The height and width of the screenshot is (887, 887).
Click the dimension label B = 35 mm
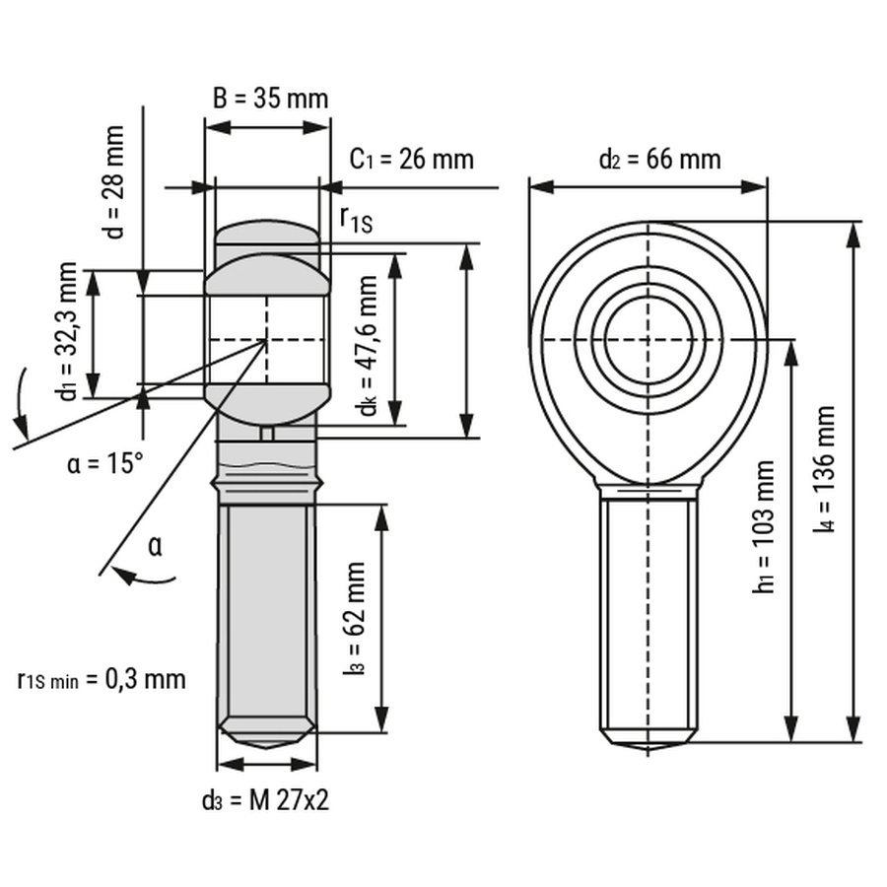click(270, 99)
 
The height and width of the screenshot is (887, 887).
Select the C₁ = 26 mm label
click(412, 159)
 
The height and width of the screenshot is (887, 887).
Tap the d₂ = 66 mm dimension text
click(659, 158)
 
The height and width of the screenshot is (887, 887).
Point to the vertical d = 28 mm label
click(116, 181)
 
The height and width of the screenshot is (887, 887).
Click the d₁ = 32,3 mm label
click(68, 331)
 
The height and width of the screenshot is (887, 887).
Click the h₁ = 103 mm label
click(763, 527)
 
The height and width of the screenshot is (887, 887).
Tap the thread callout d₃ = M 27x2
click(266, 800)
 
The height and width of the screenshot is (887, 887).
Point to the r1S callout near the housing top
click(356, 220)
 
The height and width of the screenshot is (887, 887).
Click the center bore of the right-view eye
click(648, 340)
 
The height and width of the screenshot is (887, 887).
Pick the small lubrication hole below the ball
click(266, 434)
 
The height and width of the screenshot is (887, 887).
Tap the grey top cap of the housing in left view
click(266, 235)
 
